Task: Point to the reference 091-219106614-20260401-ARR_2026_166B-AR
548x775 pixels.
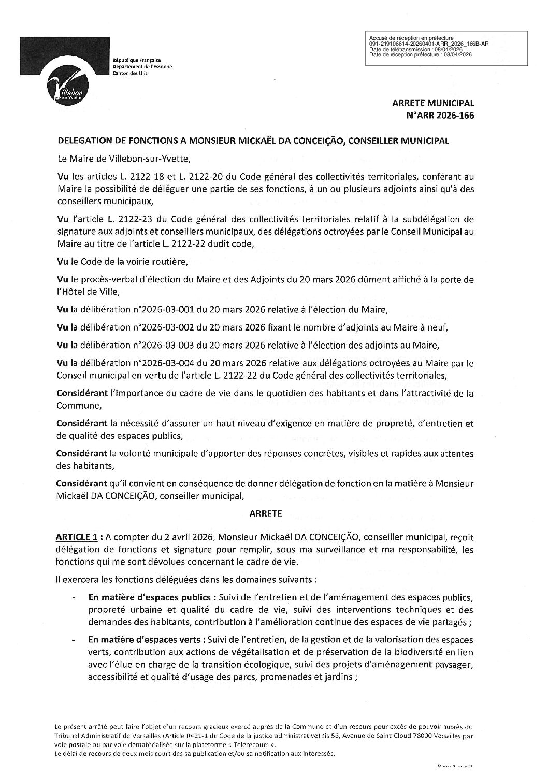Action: coord(428,44)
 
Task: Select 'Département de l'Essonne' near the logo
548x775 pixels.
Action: coord(142,67)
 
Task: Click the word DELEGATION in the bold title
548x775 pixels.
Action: coord(83,140)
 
